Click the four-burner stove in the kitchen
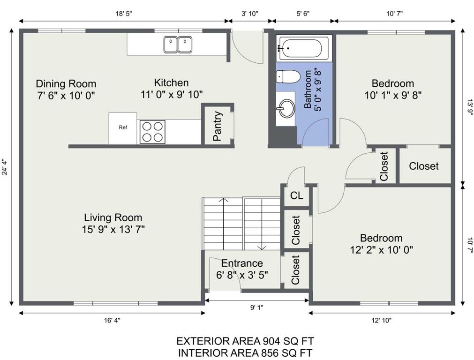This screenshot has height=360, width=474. pos(152,132)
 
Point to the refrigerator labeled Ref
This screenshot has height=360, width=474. pos(123,128)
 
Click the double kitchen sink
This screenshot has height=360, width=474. pos(178,45)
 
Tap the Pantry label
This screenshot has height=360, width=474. pos(218,127)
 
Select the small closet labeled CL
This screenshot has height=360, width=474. pos(296,195)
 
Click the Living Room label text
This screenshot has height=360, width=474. pos(113,217)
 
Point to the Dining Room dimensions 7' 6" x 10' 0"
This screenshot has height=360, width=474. pos(66,96)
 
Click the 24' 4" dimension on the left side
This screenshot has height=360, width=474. pos(4,167)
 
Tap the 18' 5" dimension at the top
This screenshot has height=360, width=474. pos(124,13)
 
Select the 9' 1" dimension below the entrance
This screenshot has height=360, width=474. pos(256,307)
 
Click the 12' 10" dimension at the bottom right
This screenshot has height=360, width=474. pos(382,321)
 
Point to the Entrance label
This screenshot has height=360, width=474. pos(242,263)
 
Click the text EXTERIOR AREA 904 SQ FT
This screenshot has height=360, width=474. pos(245,341)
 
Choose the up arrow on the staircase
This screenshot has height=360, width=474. pos(223,224)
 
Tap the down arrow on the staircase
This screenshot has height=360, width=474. pos(262,224)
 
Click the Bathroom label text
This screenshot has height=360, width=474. pos(308,89)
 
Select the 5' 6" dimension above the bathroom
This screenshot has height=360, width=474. pos(303,13)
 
